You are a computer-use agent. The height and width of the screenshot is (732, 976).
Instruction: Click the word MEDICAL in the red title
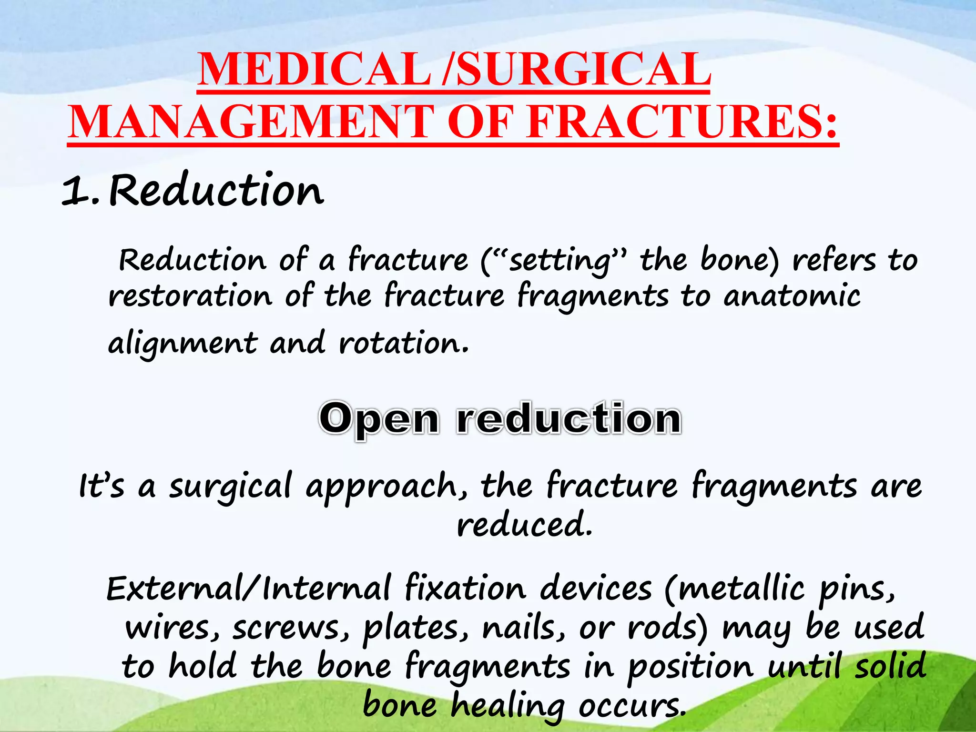314,71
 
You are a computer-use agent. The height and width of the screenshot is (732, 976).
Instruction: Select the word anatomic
792,296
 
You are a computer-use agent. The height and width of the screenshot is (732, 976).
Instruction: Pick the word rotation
403,343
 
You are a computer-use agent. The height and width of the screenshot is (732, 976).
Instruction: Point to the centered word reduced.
524,524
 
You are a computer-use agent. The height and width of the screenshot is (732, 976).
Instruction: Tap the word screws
291,628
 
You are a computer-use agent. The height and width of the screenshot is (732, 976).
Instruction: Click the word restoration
190,296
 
